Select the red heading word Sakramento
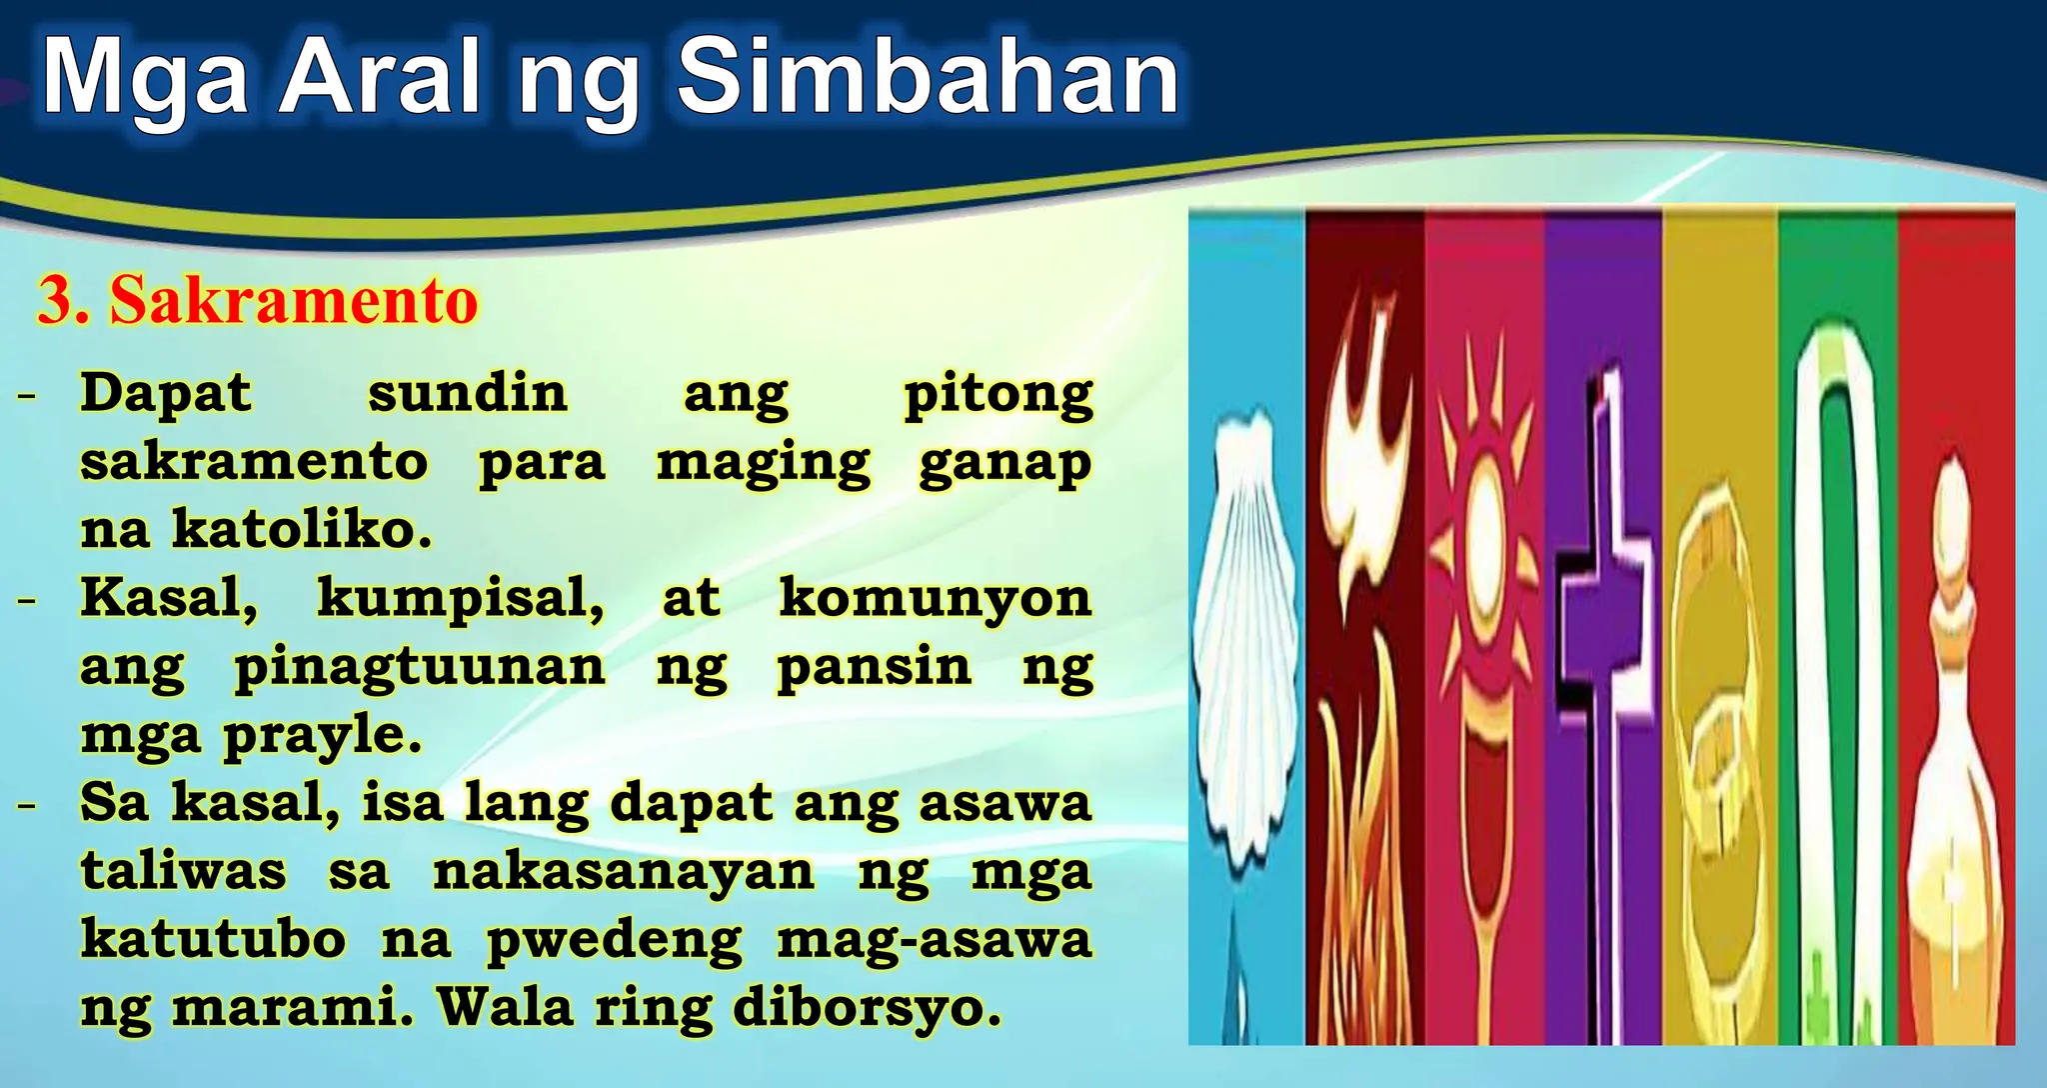pyautogui.click(x=294, y=300)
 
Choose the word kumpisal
pyautogui.click(x=461, y=598)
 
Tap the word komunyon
pyautogui.click(x=935, y=598)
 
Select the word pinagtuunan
pyautogui.click(x=420, y=667)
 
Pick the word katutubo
pyautogui.click(x=213, y=939)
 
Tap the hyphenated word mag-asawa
pyautogui.click(x=934, y=939)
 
